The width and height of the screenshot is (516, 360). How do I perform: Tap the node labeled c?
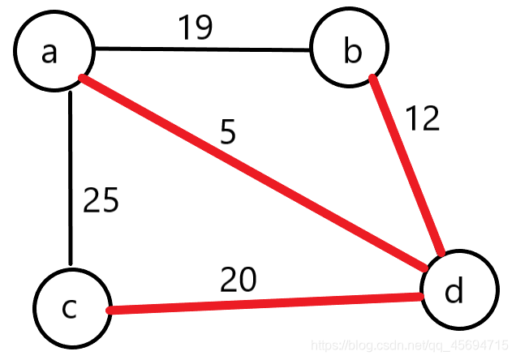pos(72,307)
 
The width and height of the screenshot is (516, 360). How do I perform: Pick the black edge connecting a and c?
pos(71,178)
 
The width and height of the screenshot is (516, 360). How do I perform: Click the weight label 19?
pos(196,28)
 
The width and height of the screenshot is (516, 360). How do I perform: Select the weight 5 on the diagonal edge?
pos(228,132)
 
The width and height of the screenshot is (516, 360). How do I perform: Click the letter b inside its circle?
pos(351,51)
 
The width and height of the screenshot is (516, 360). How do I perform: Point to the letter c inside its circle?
pos(70,309)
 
